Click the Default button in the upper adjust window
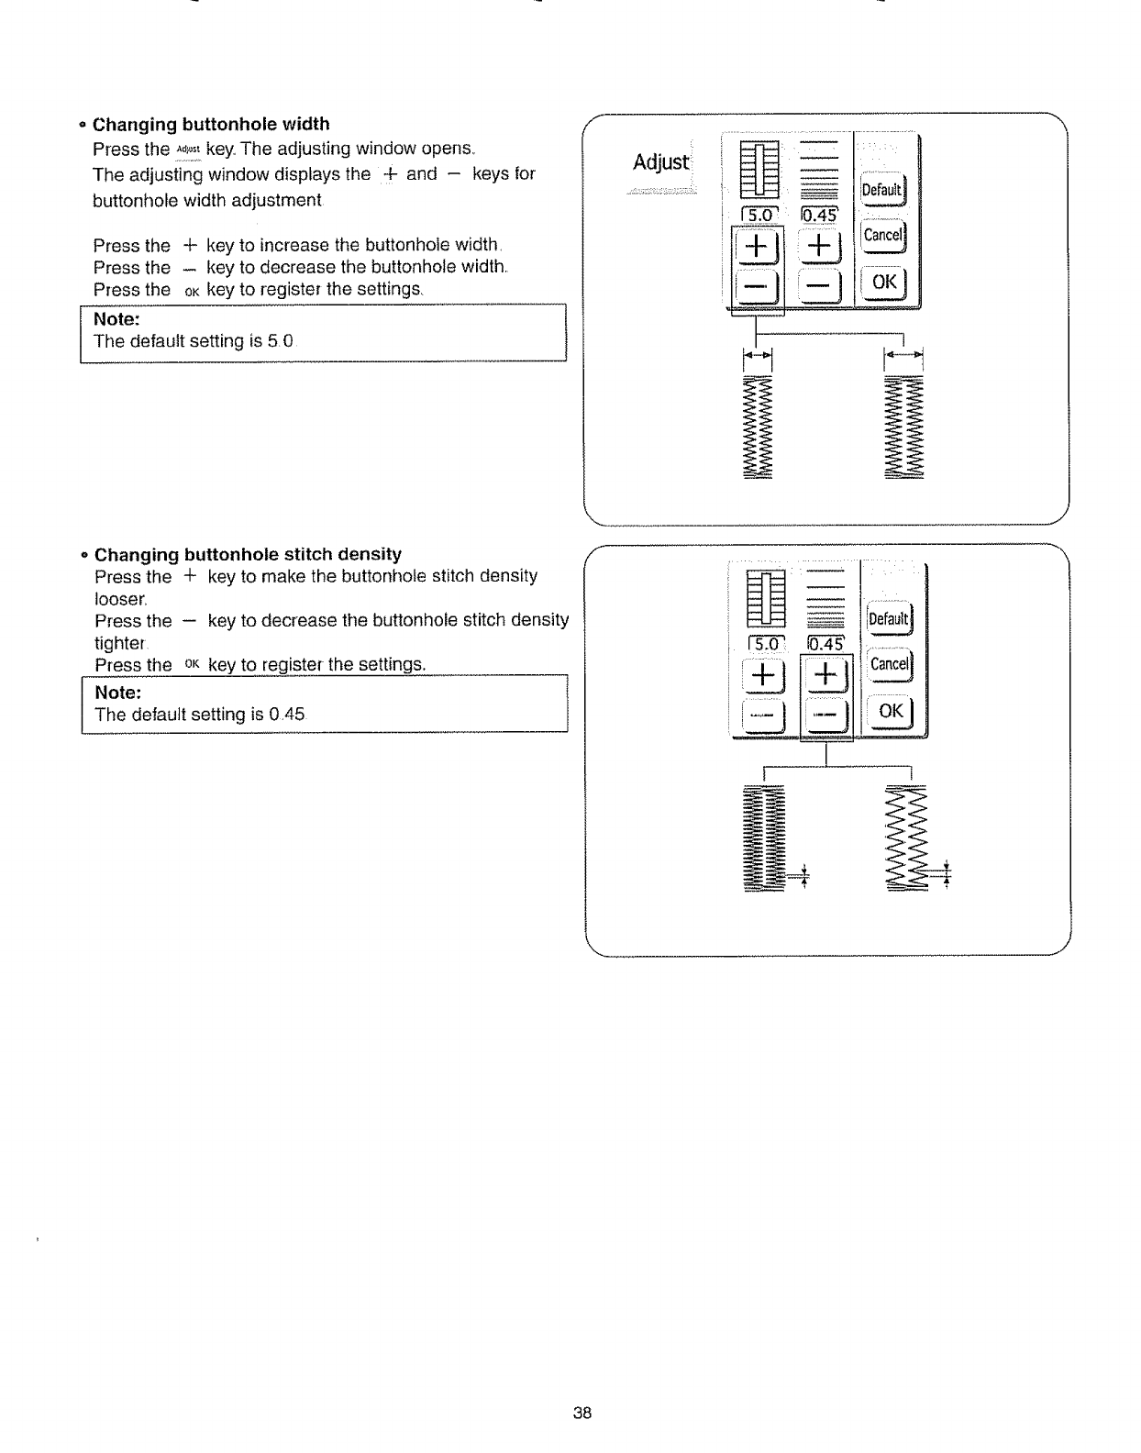pyautogui.click(x=882, y=190)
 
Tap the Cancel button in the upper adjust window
pyautogui.click(x=882, y=235)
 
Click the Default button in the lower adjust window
pyautogui.click(x=888, y=619)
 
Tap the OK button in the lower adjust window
pyautogui.click(x=891, y=711)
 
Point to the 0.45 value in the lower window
pyautogui.click(x=828, y=645)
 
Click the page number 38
pyautogui.click(x=582, y=1413)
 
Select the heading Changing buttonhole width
pyautogui.click(x=212, y=124)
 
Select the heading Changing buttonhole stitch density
pyautogui.click(x=248, y=554)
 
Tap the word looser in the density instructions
pyautogui.click(x=120, y=598)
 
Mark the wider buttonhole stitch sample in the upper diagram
pyautogui.click(x=903, y=427)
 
